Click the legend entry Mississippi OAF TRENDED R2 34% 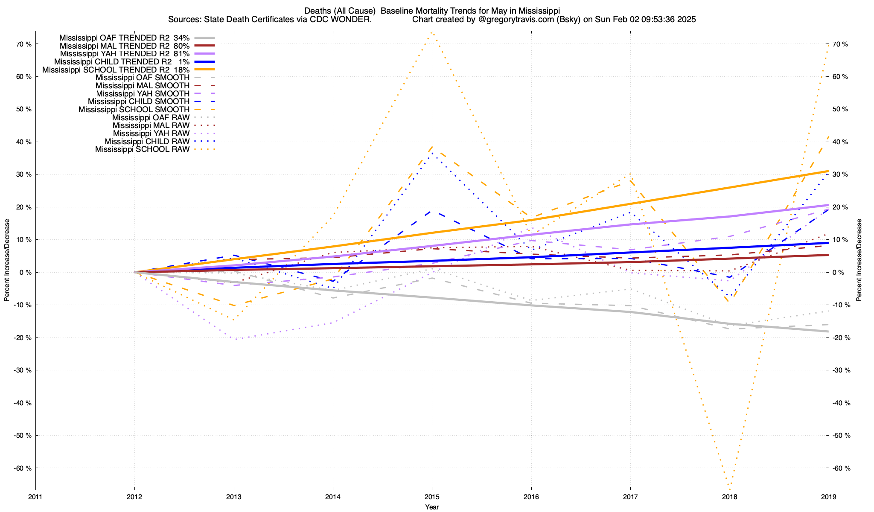124,38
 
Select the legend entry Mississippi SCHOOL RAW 142,149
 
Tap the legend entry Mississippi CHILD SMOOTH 138,102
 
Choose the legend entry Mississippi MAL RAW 151,125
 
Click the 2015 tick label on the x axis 431,497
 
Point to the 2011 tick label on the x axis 35,497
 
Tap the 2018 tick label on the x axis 729,497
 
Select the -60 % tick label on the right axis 842,468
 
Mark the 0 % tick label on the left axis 25,272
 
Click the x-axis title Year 431,507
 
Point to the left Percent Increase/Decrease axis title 7,260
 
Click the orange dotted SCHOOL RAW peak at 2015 432,32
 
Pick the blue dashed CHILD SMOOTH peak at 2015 431,211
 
